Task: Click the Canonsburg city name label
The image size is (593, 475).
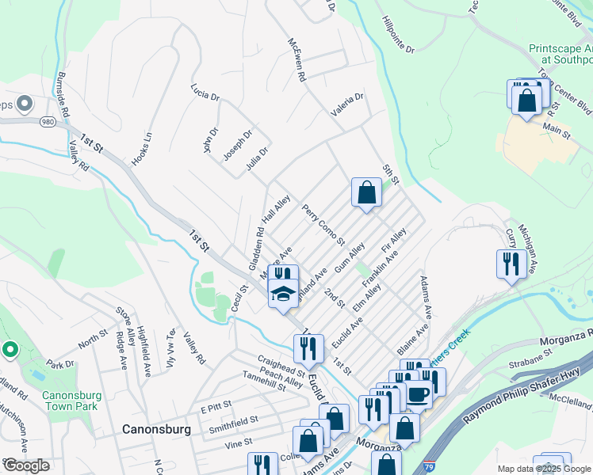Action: [x=156, y=429]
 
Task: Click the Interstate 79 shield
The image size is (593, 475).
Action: [x=428, y=468]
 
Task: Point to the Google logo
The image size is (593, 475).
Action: [x=25, y=465]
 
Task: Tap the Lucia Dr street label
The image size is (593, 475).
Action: [x=205, y=95]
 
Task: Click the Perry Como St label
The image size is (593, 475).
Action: [x=323, y=224]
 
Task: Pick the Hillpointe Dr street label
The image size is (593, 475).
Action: [x=398, y=36]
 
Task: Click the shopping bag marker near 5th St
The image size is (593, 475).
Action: [x=366, y=192]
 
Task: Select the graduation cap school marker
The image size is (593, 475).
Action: [x=283, y=294]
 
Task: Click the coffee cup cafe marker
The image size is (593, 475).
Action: [x=418, y=393]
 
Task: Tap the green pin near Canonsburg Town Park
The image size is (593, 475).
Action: [x=10, y=348]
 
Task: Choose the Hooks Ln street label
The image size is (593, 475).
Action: [x=141, y=148]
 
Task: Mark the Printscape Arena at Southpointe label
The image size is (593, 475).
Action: [x=560, y=54]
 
